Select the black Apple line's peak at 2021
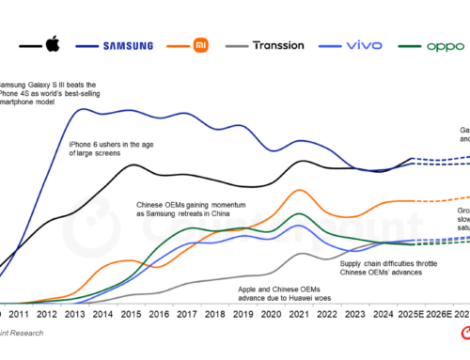pos(301,161)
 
